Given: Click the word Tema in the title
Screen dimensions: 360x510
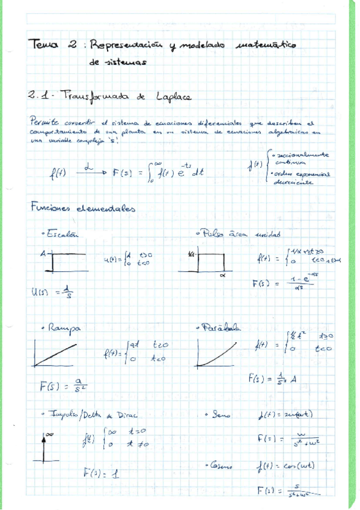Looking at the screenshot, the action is [x=43, y=45].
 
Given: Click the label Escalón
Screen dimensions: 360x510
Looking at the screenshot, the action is [x=61, y=234].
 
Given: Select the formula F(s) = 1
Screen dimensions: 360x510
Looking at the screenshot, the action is [x=101, y=473].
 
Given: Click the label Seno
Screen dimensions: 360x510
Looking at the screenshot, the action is [x=216, y=415].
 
